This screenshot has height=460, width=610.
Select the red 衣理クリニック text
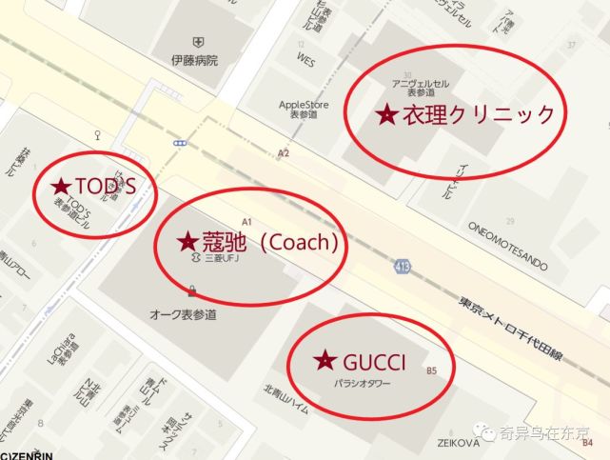(478, 115)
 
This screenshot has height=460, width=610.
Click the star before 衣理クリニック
(386, 115)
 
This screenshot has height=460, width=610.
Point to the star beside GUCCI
(325, 361)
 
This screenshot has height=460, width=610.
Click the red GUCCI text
(374, 362)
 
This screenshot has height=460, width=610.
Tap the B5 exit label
(432, 370)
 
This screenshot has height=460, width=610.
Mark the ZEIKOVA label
(456, 442)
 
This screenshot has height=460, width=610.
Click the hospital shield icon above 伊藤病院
(197, 41)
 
